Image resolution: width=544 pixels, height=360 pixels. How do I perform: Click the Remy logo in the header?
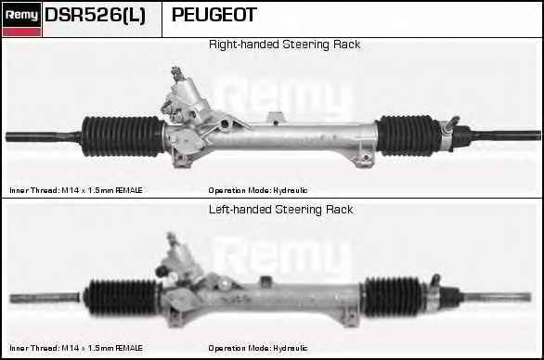point(22,19)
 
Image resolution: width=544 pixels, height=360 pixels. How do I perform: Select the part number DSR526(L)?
point(95,15)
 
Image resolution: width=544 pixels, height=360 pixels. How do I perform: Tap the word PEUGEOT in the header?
point(214,15)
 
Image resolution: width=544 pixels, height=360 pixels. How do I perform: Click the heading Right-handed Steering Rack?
point(284,45)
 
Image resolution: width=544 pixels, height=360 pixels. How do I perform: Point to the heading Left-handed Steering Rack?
point(280,210)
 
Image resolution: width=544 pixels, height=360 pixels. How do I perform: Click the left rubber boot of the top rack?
point(123,136)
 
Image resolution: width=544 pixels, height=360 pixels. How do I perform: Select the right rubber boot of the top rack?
point(404,135)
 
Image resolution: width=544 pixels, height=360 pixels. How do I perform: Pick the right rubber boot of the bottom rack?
point(392,297)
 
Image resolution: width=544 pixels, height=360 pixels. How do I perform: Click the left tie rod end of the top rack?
point(44,136)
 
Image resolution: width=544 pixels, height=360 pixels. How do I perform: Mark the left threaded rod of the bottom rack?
point(45,298)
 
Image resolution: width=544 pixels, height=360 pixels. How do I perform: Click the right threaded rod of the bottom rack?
point(497,297)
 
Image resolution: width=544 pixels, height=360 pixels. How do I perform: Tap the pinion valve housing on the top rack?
point(186,99)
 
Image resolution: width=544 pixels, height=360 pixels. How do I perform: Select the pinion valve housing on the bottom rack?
point(178,260)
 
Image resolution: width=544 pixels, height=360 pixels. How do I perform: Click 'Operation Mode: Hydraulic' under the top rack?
point(258,190)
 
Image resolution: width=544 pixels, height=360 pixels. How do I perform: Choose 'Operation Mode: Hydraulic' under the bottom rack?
point(258,348)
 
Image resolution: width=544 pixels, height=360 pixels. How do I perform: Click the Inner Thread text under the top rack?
point(76,190)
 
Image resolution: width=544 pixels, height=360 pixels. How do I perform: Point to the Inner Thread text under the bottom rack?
point(76,348)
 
